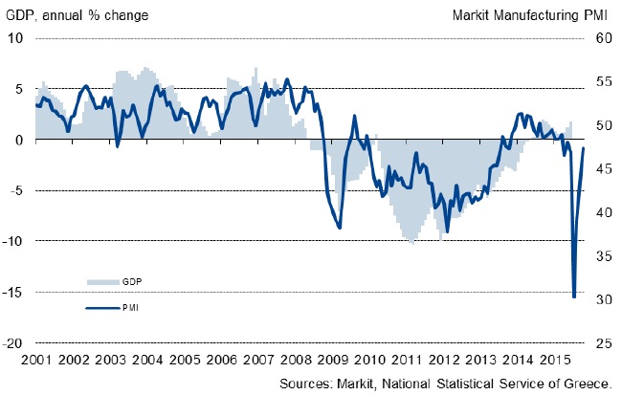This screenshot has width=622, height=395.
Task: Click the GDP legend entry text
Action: [132, 282]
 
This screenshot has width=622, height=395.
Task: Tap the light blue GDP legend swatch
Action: [100, 282]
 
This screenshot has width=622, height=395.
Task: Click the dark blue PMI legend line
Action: [100, 307]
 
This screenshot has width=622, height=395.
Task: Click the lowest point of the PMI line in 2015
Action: [574, 296]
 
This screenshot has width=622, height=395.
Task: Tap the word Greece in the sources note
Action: [587, 384]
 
